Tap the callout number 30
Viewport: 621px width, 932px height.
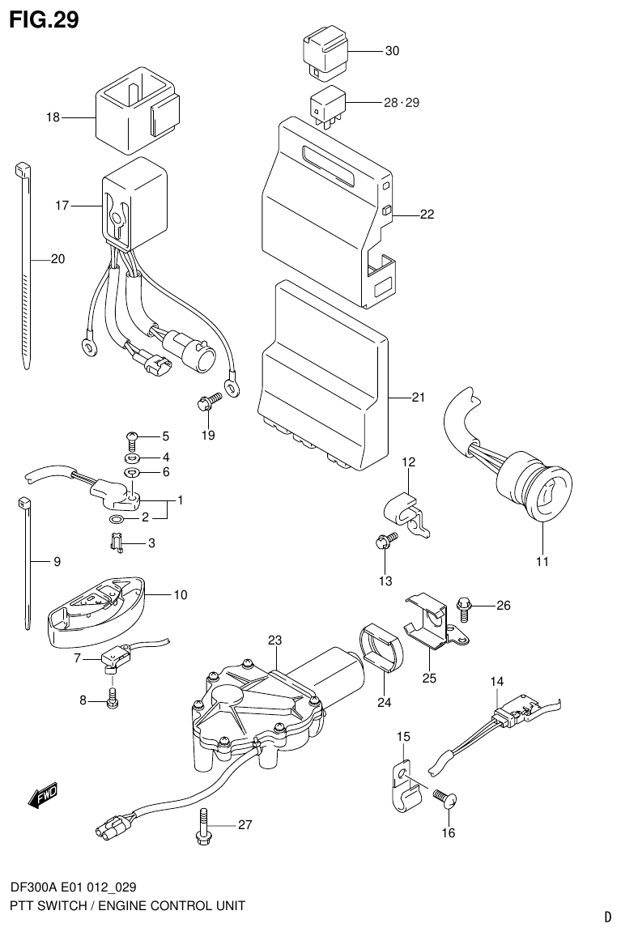pos(392,51)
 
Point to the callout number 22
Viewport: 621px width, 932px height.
pos(427,215)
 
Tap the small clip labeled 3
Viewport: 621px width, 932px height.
pos(115,543)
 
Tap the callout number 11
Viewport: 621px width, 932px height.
pos(542,561)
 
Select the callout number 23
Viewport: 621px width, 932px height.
pos(274,640)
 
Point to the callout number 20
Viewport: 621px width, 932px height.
pos(57,259)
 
